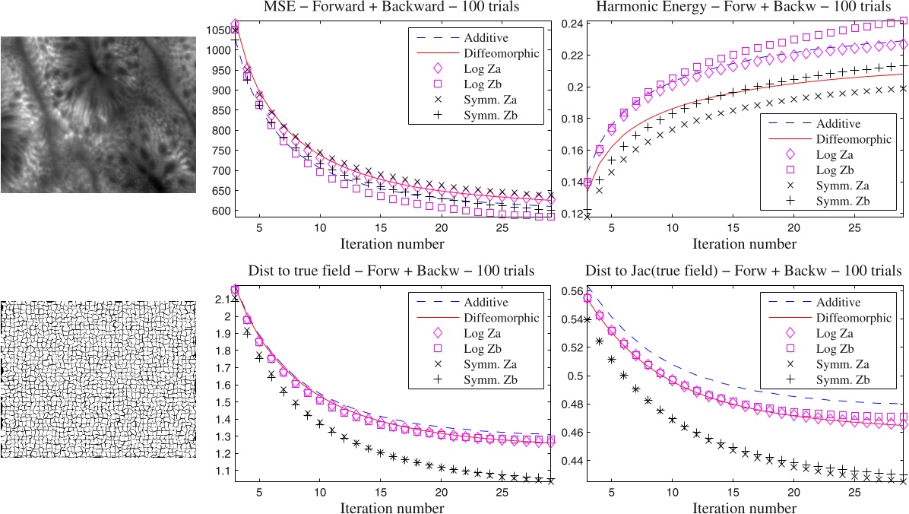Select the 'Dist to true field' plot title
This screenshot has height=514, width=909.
click(x=391, y=271)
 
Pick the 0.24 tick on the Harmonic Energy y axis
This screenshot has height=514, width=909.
click(x=572, y=23)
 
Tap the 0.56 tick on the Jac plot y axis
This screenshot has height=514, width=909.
click(x=572, y=291)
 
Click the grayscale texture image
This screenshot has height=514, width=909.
click(x=98, y=114)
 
